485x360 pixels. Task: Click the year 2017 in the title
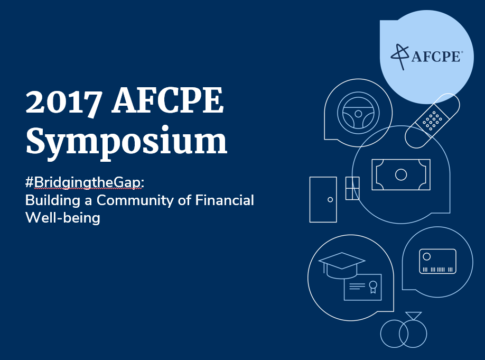[x=64, y=101]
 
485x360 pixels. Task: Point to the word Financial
[x=225, y=200]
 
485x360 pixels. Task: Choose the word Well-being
[x=63, y=218]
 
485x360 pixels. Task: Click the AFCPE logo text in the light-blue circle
[x=436, y=57]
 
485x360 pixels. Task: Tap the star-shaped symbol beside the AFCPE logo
[x=399, y=57]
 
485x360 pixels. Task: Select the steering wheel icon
[x=358, y=113]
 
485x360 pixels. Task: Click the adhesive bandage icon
[x=432, y=121]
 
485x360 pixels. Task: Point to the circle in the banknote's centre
[x=401, y=174]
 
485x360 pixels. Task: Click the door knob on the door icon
[x=330, y=200]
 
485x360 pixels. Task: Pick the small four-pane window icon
[x=352, y=188]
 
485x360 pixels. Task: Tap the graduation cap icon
[x=342, y=265]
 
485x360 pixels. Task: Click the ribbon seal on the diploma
[x=373, y=287]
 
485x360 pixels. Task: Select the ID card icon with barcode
[x=437, y=261]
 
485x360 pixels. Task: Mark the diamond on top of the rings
[x=414, y=316]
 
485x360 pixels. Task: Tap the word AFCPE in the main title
[x=167, y=101]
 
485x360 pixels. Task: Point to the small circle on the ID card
[x=426, y=256]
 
